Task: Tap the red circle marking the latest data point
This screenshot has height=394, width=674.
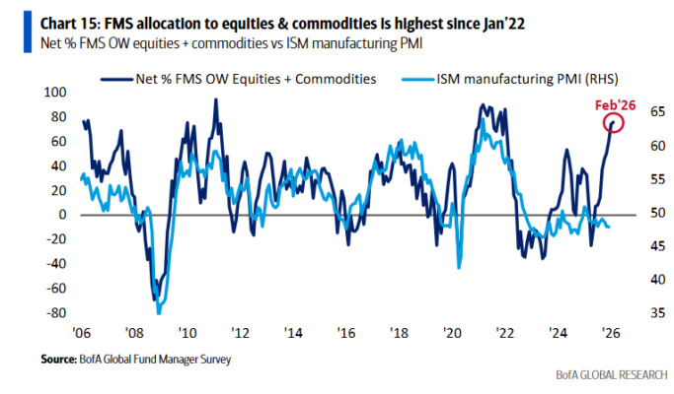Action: click(x=615, y=124)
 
